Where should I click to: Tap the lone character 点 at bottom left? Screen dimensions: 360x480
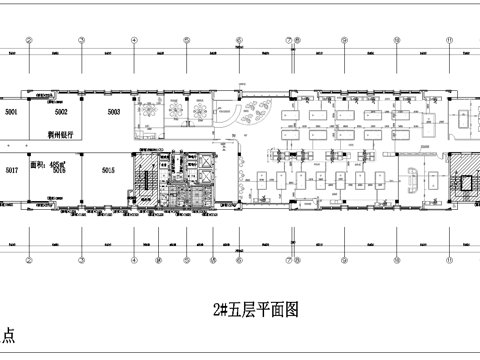pyautogui.click(x=8, y=338)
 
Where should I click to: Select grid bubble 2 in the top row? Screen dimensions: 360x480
pyautogui.click(x=29, y=41)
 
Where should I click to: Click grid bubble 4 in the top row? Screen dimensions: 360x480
pyautogui.click(x=134, y=41)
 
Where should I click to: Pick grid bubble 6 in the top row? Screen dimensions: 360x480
pyautogui.click(x=239, y=41)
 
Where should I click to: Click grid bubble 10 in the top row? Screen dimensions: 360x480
pyautogui.click(x=397, y=41)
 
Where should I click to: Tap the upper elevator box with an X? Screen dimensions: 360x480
pyautogui.click(x=204, y=161)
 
